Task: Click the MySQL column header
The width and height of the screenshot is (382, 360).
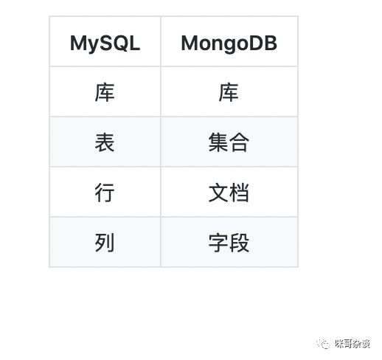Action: (105, 43)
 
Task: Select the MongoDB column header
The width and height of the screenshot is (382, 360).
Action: (229, 43)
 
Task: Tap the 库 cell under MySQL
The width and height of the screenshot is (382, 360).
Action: (105, 92)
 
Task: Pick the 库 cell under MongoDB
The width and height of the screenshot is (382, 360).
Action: (229, 92)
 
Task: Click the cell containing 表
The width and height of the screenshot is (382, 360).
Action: (105, 142)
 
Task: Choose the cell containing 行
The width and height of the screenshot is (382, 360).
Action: (105, 193)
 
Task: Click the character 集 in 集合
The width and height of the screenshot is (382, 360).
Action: (218, 142)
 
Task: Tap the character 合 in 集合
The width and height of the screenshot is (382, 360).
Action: (239, 142)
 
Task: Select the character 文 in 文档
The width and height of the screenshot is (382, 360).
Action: (218, 193)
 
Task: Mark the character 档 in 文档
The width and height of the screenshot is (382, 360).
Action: (239, 193)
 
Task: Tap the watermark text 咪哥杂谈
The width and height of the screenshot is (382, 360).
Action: (352, 344)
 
